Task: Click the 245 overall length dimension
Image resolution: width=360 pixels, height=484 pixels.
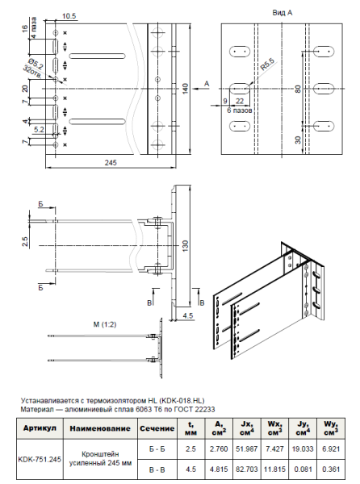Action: (x=111, y=162)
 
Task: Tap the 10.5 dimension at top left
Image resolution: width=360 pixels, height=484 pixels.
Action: (x=69, y=15)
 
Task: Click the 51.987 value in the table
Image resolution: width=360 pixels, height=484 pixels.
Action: (x=241, y=446)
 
